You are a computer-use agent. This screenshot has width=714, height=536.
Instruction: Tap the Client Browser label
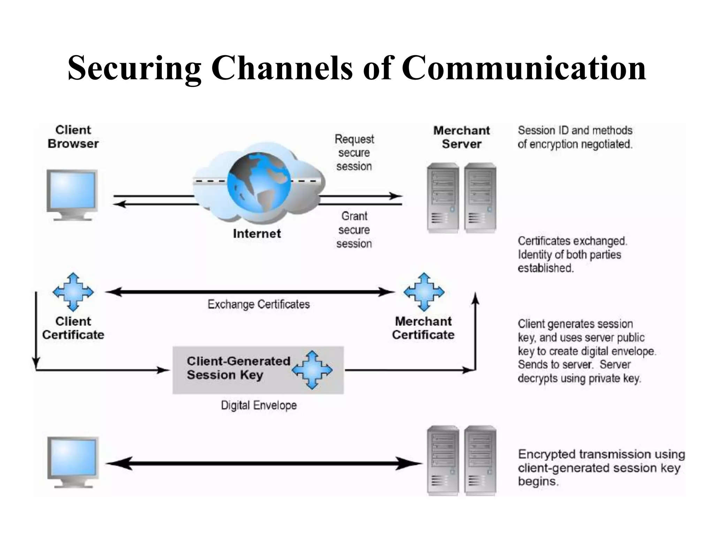point(73,137)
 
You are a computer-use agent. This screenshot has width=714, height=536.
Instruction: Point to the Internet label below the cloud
point(257,233)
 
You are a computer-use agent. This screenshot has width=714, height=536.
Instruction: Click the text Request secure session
point(354,153)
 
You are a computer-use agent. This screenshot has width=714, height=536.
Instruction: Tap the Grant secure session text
point(354,230)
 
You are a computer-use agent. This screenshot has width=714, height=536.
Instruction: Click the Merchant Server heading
point(461,137)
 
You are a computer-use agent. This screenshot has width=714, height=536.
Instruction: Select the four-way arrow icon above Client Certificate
point(73,292)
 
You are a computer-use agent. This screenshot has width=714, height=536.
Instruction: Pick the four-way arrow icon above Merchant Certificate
point(424,292)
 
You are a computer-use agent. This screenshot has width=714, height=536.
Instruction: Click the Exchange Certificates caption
point(258,304)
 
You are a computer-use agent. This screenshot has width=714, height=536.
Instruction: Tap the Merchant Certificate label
point(423,328)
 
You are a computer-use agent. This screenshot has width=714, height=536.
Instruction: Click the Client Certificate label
point(73,328)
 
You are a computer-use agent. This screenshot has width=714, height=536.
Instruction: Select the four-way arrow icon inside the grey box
point(312,370)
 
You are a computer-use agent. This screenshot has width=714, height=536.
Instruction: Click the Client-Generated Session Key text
point(238,368)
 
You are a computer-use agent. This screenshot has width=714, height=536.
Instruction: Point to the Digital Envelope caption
point(259,405)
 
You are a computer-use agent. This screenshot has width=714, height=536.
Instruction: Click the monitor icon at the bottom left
point(73,461)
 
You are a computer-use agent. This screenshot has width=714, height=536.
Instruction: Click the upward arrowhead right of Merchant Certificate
point(475,299)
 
